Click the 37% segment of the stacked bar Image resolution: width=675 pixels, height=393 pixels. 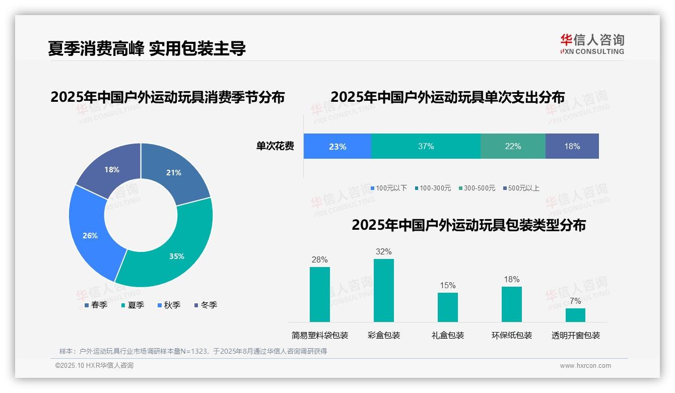click(426, 146)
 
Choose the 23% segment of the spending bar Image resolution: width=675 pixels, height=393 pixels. click(337, 146)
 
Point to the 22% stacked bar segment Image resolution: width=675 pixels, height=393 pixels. click(513, 146)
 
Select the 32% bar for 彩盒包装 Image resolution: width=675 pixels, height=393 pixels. click(384, 290)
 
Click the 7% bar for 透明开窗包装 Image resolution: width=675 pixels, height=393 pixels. click(575, 315)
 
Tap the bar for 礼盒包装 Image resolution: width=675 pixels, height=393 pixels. click(448, 307)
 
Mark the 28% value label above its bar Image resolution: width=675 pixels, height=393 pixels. click(320, 260)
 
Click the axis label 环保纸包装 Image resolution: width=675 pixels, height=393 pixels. click(512, 335)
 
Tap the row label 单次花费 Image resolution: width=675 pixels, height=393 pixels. click(275, 146)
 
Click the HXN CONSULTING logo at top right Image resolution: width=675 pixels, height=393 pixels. click(592, 44)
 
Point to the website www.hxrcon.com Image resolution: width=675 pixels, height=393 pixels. click(585, 365)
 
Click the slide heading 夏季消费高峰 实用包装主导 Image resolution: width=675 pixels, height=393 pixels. click(147, 48)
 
